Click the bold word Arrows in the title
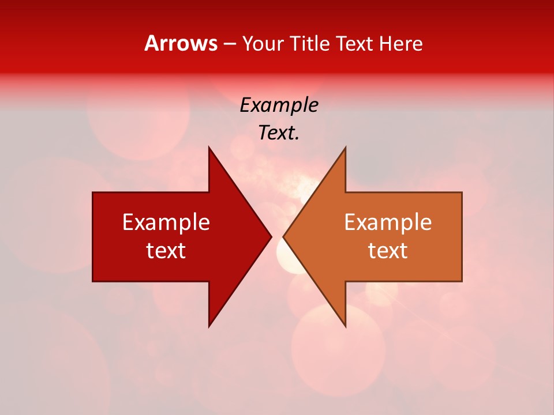click(x=181, y=43)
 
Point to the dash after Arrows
click(x=229, y=44)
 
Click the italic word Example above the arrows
click(x=279, y=105)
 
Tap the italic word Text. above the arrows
click(x=279, y=133)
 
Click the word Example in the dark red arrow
click(x=166, y=222)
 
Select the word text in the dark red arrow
click(x=166, y=251)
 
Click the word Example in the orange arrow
click(x=388, y=222)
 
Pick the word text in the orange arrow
click(x=388, y=251)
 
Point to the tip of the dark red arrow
click(x=271, y=236)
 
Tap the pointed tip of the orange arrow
click(x=284, y=236)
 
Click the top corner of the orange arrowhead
click(x=345, y=148)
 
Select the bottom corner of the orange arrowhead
click(x=345, y=326)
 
